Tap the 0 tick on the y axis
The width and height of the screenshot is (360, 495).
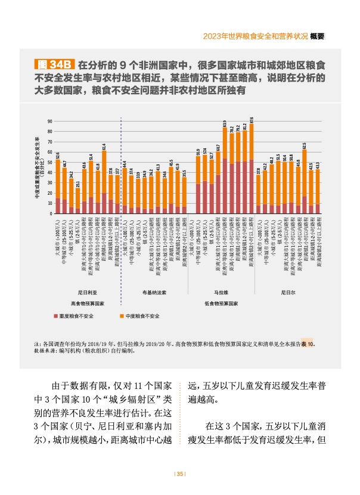click(49, 213)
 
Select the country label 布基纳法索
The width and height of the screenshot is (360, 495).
click(154, 292)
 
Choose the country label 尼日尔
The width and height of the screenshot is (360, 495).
click(289, 292)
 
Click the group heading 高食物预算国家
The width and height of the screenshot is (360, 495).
click(87, 303)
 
